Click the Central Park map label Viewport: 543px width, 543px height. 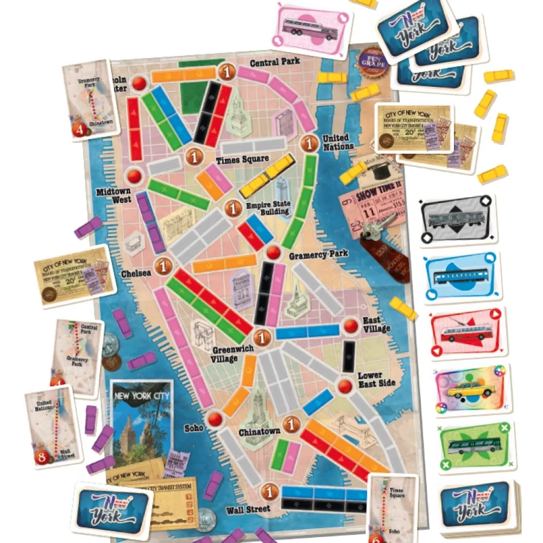275,62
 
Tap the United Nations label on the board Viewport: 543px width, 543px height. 338,142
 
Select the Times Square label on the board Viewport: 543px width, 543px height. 242,160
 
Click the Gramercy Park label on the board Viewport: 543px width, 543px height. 318,254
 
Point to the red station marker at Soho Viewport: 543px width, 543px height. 216,419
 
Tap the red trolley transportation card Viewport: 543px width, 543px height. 469,332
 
